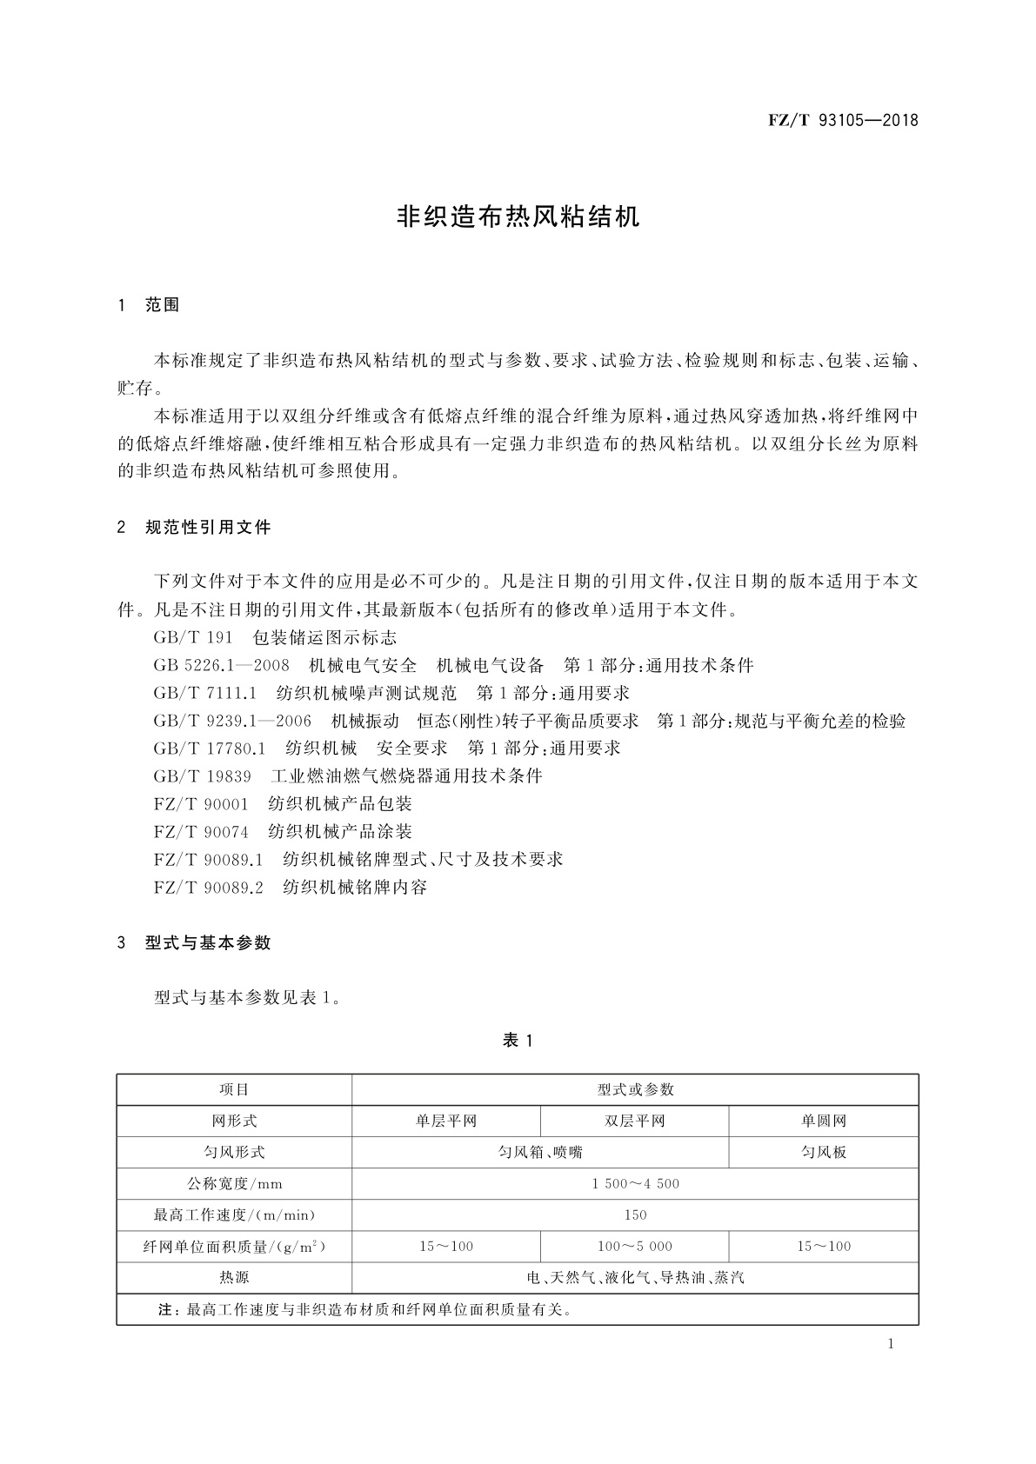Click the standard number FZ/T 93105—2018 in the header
pyautogui.click(x=843, y=121)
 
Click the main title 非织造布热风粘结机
pyautogui.click(x=518, y=216)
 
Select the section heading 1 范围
pyautogui.click(x=149, y=305)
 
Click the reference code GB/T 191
pyautogui.click(x=193, y=637)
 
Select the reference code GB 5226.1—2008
pyautogui.click(x=221, y=665)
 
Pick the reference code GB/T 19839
pyautogui.click(x=202, y=775)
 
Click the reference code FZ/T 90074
pyautogui.click(x=201, y=831)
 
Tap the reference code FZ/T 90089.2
pyautogui.click(x=208, y=887)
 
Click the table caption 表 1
pyautogui.click(x=518, y=1041)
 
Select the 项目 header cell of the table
pyautogui.click(x=234, y=1089)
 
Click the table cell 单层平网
pyautogui.click(x=446, y=1121)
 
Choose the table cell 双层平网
pyautogui.click(x=635, y=1121)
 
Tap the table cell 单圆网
pyautogui.click(x=824, y=1121)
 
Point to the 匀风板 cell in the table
pyautogui.click(x=824, y=1152)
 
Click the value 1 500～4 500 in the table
pyautogui.click(x=635, y=1183)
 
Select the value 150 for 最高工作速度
pyautogui.click(x=635, y=1214)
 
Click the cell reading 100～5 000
pyautogui.click(x=635, y=1246)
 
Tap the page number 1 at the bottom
pyautogui.click(x=891, y=1344)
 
